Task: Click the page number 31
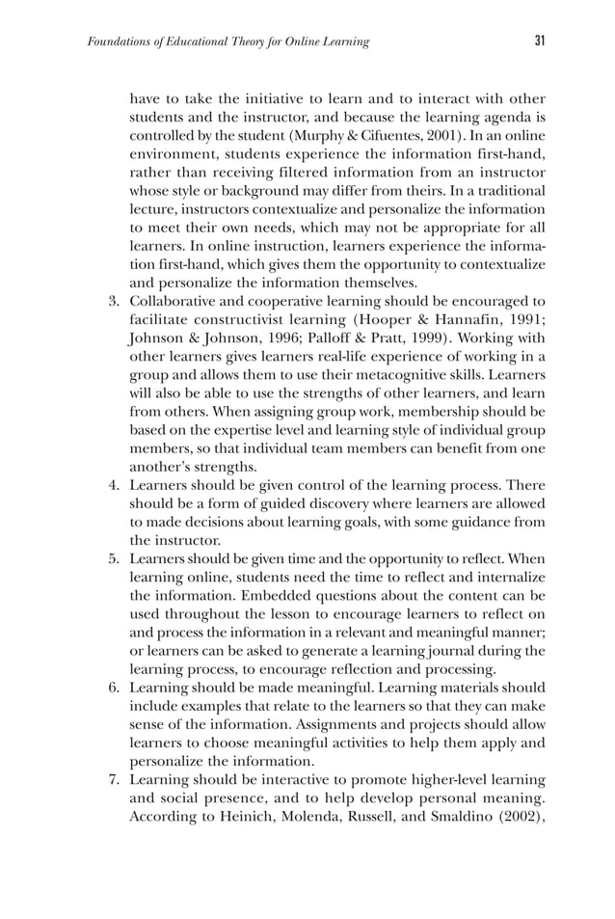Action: coord(540,41)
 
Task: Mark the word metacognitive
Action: coord(411,374)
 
